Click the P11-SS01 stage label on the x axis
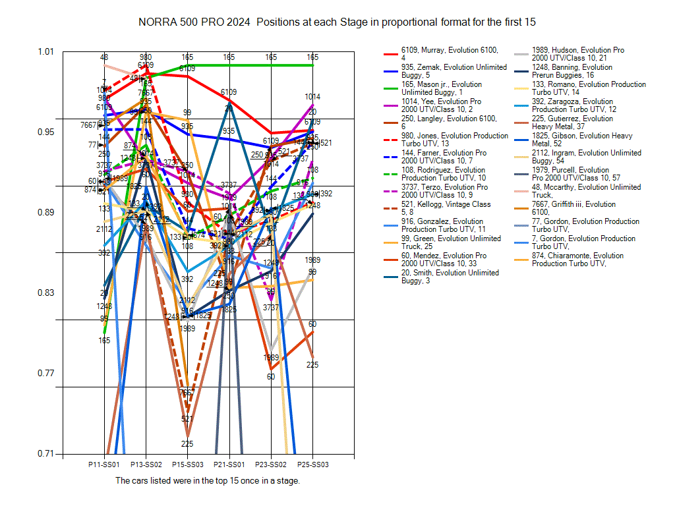tap(104, 464)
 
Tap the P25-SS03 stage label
tap(312, 464)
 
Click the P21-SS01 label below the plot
tap(229, 464)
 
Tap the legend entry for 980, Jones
tap(454, 140)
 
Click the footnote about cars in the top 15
tap(208, 481)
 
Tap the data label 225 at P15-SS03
tap(187, 443)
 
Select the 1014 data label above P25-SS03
tap(312, 96)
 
